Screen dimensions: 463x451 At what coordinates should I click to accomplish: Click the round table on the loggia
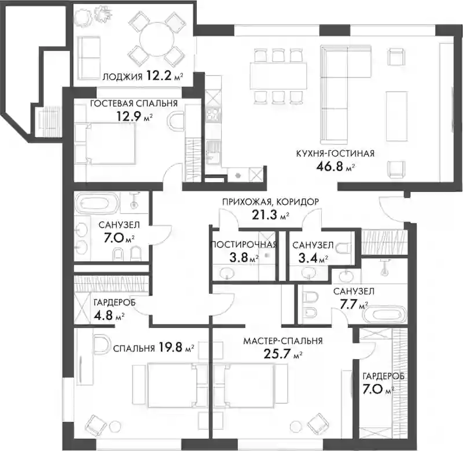point(157,39)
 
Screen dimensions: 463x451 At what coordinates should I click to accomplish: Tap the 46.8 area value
point(329,167)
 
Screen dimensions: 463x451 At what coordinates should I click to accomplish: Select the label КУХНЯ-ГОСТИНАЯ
point(335,153)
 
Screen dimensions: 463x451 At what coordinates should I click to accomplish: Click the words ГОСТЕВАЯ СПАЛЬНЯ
point(134,103)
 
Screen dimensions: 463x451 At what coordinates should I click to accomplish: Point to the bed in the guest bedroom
point(111,143)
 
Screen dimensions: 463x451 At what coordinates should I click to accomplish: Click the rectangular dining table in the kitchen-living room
point(278,76)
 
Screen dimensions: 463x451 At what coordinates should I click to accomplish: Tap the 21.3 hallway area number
point(264,215)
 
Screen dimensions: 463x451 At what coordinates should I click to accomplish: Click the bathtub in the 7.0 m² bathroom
point(97,203)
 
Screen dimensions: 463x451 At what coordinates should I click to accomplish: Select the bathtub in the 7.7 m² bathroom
point(385,315)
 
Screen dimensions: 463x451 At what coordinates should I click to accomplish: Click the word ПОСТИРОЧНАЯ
point(244,245)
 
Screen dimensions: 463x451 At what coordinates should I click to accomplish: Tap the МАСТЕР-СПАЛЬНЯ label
point(283,341)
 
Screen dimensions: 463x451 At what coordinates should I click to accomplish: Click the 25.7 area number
point(277,353)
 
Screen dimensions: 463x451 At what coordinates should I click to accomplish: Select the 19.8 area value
point(170,347)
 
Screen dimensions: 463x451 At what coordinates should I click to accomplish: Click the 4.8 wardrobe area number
point(104,315)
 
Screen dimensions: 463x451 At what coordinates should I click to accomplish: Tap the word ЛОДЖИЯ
point(122,77)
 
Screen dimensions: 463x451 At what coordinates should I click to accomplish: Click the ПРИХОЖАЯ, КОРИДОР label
point(270,202)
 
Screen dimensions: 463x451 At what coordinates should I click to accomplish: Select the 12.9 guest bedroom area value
point(128,116)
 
